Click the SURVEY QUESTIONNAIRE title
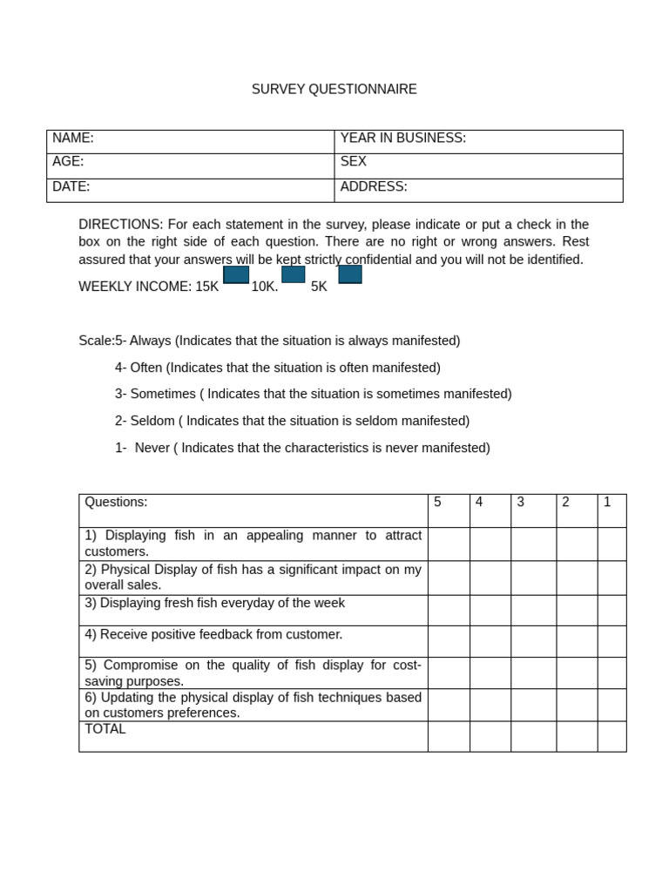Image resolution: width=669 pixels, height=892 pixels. point(334,89)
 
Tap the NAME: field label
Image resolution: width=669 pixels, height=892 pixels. point(73,138)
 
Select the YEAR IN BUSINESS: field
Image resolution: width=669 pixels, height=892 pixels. point(402,138)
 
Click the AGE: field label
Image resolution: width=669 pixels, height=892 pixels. point(68,161)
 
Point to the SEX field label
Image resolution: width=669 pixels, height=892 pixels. point(353,161)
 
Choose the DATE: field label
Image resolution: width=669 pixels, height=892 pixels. point(71,186)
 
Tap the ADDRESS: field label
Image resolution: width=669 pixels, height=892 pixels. point(373,186)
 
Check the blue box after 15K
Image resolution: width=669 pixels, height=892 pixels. point(236,275)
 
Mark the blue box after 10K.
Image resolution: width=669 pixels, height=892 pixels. point(293,274)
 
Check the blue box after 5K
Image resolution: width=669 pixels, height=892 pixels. point(350,274)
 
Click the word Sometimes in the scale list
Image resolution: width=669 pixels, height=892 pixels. point(163,394)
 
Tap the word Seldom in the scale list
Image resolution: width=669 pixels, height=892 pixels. point(152,421)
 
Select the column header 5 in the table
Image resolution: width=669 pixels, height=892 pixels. point(437,502)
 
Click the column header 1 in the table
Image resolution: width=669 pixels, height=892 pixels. point(607,502)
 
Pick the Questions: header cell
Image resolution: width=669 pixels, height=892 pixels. point(116,502)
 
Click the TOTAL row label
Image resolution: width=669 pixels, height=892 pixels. point(105,729)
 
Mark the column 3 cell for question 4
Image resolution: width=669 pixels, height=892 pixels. point(533,641)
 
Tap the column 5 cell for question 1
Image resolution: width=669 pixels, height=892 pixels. point(449,544)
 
